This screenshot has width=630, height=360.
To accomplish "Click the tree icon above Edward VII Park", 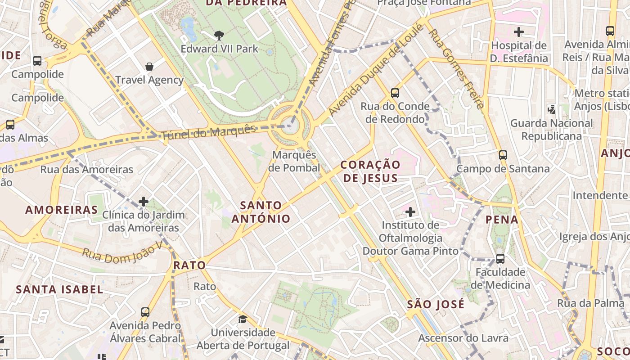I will point(219,35).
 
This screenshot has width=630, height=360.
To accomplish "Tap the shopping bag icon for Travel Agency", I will point(149,67).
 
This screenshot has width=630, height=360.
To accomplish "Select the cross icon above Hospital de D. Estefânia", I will point(519,32).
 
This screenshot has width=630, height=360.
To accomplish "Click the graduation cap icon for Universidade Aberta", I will point(243,319).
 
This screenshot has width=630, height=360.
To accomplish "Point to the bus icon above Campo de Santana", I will point(503,155).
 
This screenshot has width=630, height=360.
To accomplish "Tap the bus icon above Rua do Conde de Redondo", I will point(395,93).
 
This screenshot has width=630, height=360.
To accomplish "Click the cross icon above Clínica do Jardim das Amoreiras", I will point(144,202).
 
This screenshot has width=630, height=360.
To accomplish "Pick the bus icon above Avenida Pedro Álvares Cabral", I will point(145,312).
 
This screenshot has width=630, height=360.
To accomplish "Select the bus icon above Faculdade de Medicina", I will point(500,259).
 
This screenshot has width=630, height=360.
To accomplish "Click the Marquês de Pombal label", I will point(295,162).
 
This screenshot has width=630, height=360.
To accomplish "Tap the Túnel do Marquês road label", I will point(208,132).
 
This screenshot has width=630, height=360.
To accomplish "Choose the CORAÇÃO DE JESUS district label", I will point(370,171).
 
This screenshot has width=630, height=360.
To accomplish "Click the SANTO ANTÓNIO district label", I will point(261,212).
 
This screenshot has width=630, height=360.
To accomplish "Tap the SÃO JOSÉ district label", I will point(436,304).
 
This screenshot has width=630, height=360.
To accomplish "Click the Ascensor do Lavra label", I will point(463,338).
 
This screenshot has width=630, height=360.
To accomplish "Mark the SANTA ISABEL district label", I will point(60,289).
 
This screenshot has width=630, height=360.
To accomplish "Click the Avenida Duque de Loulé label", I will point(376,70).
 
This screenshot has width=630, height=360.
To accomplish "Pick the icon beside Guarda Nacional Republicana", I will point(551,109).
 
